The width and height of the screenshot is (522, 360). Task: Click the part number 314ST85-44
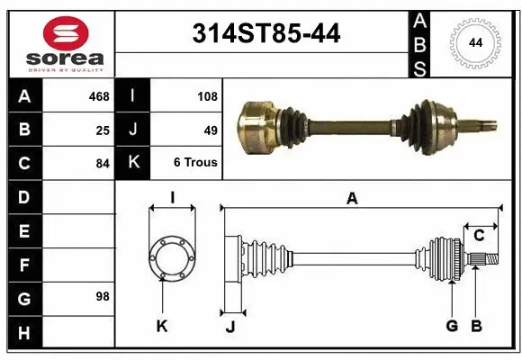tap(267, 34)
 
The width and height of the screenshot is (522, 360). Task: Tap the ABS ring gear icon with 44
tap(474, 42)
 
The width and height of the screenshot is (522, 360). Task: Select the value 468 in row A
tap(99, 96)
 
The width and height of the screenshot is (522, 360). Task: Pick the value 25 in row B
tap(103, 130)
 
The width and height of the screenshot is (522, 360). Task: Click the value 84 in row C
tap(103, 163)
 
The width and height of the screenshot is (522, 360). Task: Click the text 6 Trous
tap(194, 163)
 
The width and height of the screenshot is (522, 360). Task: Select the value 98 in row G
tap(103, 296)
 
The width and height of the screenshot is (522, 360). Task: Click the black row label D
tap(24, 197)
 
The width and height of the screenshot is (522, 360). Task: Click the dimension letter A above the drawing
tap(352, 199)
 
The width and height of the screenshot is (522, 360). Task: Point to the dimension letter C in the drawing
tap(479, 236)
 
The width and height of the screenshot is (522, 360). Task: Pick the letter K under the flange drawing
tap(162, 327)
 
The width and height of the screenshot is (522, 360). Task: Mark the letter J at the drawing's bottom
tap(230, 327)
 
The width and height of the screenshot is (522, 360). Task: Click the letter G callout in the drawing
tap(452, 326)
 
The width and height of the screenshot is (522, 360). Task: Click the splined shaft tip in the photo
tap(483, 121)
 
